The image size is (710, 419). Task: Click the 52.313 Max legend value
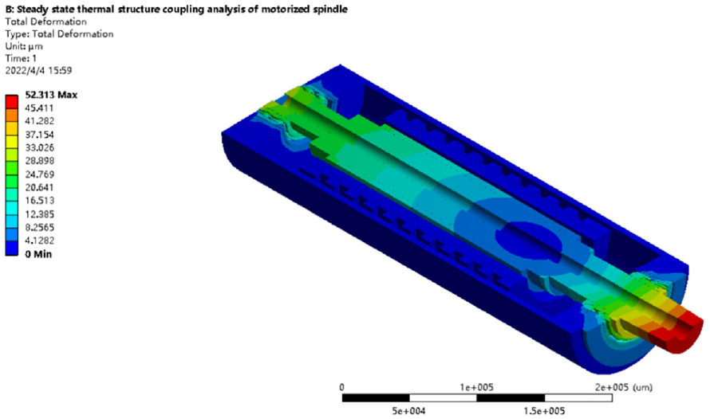[x=51, y=95]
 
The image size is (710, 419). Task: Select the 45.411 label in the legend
[x=39, y=108]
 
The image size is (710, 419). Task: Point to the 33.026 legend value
[x=39, y=148]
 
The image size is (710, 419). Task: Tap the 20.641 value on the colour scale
[x=39, y=187]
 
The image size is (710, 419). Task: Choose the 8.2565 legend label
[x=39, y=227]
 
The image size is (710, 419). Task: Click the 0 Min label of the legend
[x=38, y=254]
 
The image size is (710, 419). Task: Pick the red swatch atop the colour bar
[x=12, y=102]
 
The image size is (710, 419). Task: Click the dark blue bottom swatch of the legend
[x=12, y=249]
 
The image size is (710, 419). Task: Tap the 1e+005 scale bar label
[x=476, y=387]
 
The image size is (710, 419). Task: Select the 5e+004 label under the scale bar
[x=409, y=411]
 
